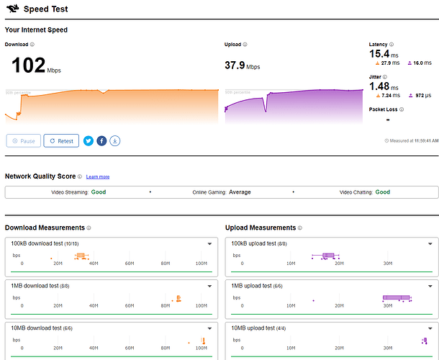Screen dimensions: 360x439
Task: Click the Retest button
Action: [x=60, y=140]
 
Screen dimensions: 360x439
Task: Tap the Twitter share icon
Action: [x=89, y=140]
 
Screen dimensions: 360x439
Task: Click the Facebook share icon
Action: [x=101, y=140]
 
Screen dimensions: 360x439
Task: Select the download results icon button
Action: [x=115, y=140]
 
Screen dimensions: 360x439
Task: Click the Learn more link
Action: [x=98, y=176]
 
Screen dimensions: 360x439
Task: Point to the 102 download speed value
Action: [x=29, y=66]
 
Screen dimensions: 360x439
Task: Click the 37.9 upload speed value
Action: [x=235, y=66]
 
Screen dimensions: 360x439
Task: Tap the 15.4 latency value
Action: [x=379, y=54]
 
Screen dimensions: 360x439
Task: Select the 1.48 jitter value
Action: [x=379, y=86]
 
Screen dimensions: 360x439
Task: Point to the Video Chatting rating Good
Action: [x=383, y=192]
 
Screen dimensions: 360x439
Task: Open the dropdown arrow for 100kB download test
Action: [x=209, y=244]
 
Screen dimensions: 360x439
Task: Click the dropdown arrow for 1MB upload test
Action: [x=430, y=284]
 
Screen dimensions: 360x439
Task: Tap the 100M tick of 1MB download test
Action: [x=202, y=305]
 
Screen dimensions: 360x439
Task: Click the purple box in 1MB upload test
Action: [x=396, y=297]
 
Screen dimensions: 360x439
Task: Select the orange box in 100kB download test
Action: [x=81, y=256]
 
